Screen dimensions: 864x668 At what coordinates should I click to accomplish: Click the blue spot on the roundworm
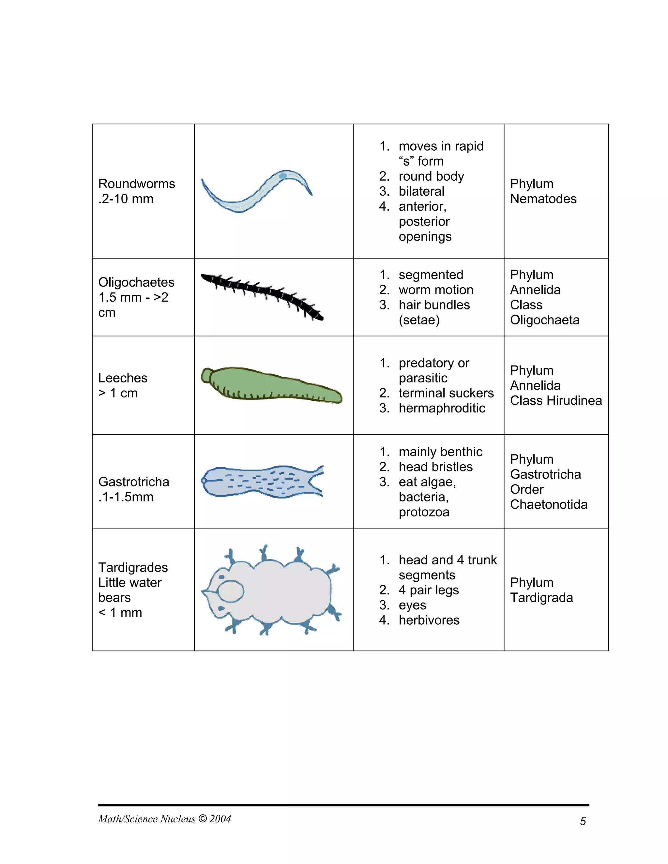[x=282, y=175]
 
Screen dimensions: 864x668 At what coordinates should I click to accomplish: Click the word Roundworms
[x=137, y=184]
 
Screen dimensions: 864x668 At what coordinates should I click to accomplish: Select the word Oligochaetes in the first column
[x=136, y=282]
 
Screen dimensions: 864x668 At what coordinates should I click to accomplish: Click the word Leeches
[x=123, y=378]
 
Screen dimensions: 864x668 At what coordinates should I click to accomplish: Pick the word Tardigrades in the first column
[x=133, y=567]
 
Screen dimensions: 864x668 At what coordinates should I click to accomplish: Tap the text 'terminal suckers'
[x=446, y=393]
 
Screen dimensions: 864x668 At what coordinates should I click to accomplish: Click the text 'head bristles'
[x=435, y=467]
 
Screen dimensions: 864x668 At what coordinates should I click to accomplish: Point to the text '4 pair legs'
[x=429, y=590]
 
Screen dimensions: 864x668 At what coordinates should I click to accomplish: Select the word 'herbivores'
[x=429, y=620]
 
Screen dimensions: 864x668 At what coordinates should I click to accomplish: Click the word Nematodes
[x=543, y=199]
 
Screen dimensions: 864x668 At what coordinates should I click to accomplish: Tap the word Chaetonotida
[x=549, y=504]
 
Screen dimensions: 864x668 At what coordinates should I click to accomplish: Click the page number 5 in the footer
[x=583, y=821]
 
